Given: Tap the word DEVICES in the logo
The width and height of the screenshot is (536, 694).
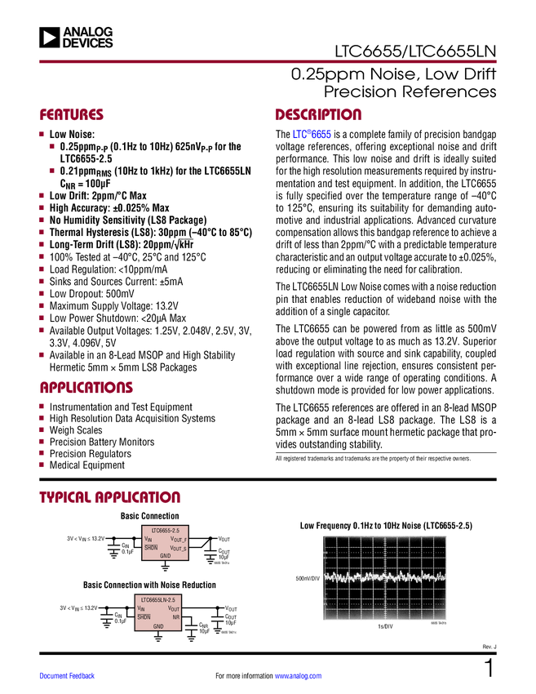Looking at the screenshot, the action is coord(87,43).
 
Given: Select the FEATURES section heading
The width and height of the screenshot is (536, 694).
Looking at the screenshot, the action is coord(72,115).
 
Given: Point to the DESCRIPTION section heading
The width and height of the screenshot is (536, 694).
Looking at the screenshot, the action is coord(318,115).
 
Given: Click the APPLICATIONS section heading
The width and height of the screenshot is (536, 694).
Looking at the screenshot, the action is coord(86,389).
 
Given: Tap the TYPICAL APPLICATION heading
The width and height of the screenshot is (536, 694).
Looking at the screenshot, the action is coord(110,496).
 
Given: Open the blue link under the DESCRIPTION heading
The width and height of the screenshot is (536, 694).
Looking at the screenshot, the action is coord(312,134).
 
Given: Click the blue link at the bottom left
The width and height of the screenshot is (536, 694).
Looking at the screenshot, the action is coord(68,676).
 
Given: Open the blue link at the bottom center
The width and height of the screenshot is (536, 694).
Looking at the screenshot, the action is coord(298,676).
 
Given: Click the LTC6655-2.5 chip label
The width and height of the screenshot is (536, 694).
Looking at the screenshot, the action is coord(165,531).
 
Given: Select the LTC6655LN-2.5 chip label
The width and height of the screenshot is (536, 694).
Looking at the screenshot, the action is coord(158,600).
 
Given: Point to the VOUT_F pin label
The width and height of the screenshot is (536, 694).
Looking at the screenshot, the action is coord(178,540).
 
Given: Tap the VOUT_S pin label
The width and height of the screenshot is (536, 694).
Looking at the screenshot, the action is coord(178,549).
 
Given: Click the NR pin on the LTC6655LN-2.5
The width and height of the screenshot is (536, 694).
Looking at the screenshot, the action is coord(175,617).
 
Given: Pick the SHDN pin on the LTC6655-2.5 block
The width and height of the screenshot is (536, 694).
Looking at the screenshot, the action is coord(151,548).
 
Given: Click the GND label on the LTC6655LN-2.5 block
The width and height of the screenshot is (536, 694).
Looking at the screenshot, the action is coord(158,626).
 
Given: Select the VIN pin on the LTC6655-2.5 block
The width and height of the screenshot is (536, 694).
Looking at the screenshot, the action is coord(148,539).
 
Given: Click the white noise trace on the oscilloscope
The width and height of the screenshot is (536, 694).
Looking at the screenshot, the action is coord(384,576).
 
